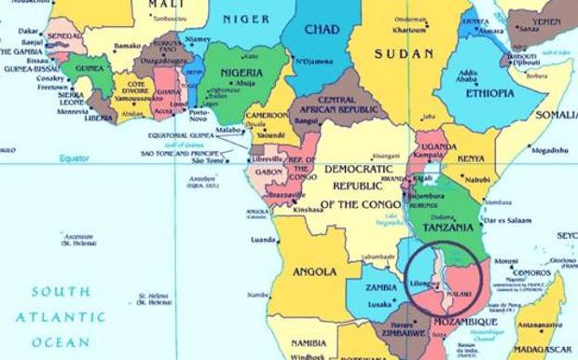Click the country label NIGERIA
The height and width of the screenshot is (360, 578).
click(241, 72)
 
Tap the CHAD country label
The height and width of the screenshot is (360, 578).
click(321, 31)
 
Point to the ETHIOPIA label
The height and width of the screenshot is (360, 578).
click(489, 93)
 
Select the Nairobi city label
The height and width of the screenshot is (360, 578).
click(477, 178)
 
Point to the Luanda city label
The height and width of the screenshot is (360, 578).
click(263, 239)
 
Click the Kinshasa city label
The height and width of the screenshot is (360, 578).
click(308, 210)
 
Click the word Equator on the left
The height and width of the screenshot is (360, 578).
click(74, 159)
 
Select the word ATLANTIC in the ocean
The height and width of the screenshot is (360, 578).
click(63, 317)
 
